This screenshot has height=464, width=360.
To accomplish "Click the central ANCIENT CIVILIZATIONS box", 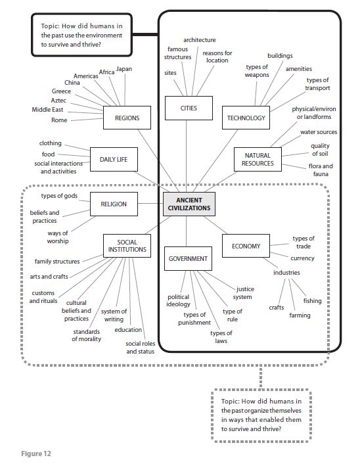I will (189, 204).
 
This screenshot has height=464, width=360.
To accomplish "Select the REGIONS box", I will (127, 118).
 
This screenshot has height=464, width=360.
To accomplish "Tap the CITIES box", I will (189, 108).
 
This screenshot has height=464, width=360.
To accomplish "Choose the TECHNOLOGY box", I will (246, 118).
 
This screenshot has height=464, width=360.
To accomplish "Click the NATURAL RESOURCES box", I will (257, 159).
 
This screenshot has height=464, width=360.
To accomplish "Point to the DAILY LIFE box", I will (113, 159).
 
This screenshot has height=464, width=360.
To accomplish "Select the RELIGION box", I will (113, 204).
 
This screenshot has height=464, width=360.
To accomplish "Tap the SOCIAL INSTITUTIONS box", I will (127, 246).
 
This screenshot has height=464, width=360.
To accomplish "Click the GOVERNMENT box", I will (188, 258).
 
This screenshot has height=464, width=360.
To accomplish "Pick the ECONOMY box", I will (246, 246).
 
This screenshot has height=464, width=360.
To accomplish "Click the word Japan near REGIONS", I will (124, 69).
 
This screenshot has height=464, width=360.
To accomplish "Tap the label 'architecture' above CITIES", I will (199, 40).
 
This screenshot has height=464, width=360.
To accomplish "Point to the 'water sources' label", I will (319, 132).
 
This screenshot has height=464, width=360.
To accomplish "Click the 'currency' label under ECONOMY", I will (302, 258).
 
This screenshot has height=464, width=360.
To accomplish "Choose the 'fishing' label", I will (312, 300).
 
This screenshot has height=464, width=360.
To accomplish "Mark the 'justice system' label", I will (244, 292).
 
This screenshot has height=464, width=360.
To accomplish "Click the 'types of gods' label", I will (60, 197).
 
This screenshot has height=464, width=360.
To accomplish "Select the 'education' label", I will (128, 330).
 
